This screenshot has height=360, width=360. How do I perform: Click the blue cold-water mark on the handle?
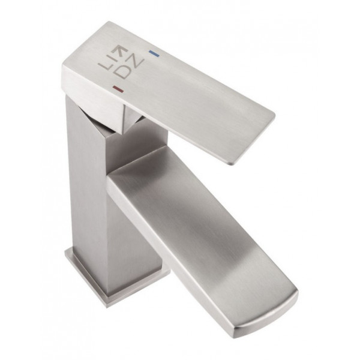point(154,53)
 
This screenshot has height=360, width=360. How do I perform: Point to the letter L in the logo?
point(104,65)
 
